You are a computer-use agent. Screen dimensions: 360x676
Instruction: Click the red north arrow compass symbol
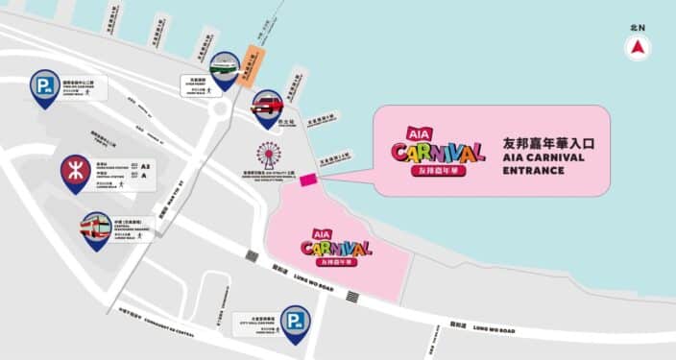(x=639, y=48)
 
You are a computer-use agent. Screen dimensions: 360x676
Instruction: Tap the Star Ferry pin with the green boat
(x=224, y=68)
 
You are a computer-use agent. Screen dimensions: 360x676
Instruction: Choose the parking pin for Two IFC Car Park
(x=44, y=87)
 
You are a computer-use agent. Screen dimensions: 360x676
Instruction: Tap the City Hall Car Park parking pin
(x=295, y=323)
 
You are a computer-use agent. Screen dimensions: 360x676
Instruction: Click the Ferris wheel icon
(x=269, y=157)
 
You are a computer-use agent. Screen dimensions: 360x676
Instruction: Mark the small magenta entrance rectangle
(x=308, y=179)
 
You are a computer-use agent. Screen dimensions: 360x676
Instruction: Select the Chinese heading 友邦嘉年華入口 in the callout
(x=549, y=143)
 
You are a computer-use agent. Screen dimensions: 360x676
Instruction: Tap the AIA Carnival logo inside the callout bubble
(x=437, y=154)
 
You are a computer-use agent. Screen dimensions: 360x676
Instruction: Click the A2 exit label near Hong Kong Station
(x=145, y=166)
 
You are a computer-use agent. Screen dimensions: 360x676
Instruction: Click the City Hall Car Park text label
(x=253, y=319)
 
